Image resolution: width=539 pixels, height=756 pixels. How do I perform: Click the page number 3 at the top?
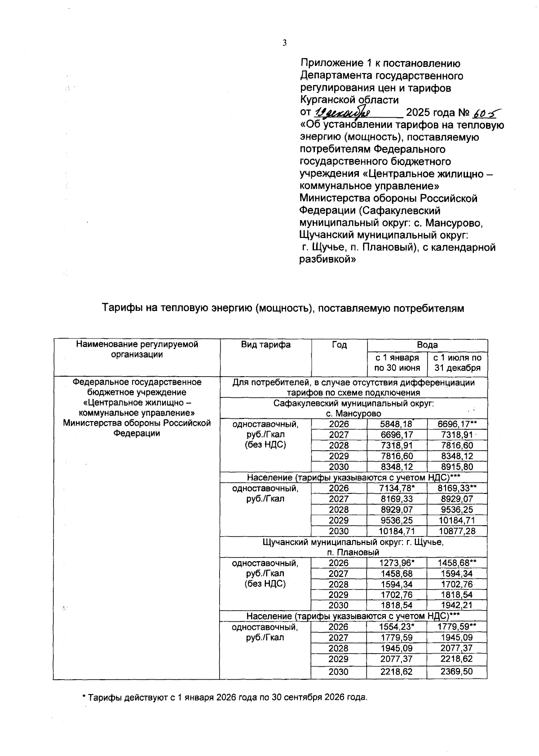[x=284, y=43]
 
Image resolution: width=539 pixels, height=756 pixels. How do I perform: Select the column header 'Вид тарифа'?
[x=265, y=345]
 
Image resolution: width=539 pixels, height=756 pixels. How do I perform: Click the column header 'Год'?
[x=339, y=345]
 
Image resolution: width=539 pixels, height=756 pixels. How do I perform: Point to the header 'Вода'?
[x=427, y=345]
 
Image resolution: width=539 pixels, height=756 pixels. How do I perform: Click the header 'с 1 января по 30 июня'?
[x=397, y=363]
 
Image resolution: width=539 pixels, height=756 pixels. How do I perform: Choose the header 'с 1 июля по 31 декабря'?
[x=457, y=363]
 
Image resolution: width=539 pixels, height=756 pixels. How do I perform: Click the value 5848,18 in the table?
[x=397, y=424]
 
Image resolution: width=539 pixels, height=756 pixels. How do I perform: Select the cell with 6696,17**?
[x=457, y=424]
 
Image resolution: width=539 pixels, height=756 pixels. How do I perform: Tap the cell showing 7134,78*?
[x=397, y=488]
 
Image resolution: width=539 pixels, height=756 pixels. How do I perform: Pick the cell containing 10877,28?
[x=457, y=531]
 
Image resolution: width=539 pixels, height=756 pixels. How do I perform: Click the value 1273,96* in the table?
[x=397, y=563]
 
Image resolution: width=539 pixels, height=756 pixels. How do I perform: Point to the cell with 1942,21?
[x=457, y=606]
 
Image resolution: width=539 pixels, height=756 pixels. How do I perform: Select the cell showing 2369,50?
[x=457, y=672]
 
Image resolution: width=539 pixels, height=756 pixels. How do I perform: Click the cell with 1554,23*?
[x=397, y=627]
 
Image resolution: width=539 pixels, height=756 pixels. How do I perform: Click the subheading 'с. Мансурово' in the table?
[x=353, y=413]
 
